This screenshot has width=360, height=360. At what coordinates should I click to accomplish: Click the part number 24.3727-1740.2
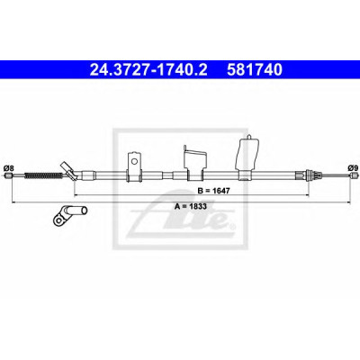148,70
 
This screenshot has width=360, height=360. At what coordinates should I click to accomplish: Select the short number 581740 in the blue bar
255,70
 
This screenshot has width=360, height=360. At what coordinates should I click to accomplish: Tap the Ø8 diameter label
9,168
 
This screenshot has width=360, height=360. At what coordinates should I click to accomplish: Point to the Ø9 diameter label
352,168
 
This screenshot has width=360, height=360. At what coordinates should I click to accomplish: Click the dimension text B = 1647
213,191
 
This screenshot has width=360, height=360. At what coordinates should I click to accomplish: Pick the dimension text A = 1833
191,206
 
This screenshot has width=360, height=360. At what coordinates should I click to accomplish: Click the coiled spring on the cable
43,175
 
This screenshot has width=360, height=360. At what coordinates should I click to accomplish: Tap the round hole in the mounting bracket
134,161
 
